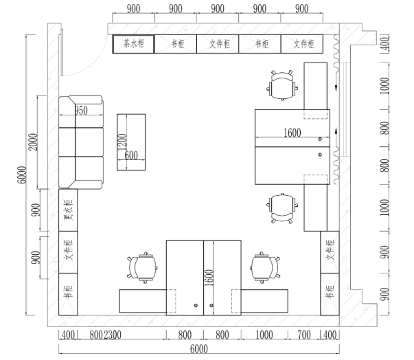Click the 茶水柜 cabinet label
(133, 44)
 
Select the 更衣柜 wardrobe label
(68, 209)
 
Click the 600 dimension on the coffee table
(131, 155)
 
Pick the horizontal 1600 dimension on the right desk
(292, 133)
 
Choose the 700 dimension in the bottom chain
(303, 335)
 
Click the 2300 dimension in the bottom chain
(113, 335)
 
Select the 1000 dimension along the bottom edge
(264, 335)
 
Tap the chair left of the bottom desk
(142, 267)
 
